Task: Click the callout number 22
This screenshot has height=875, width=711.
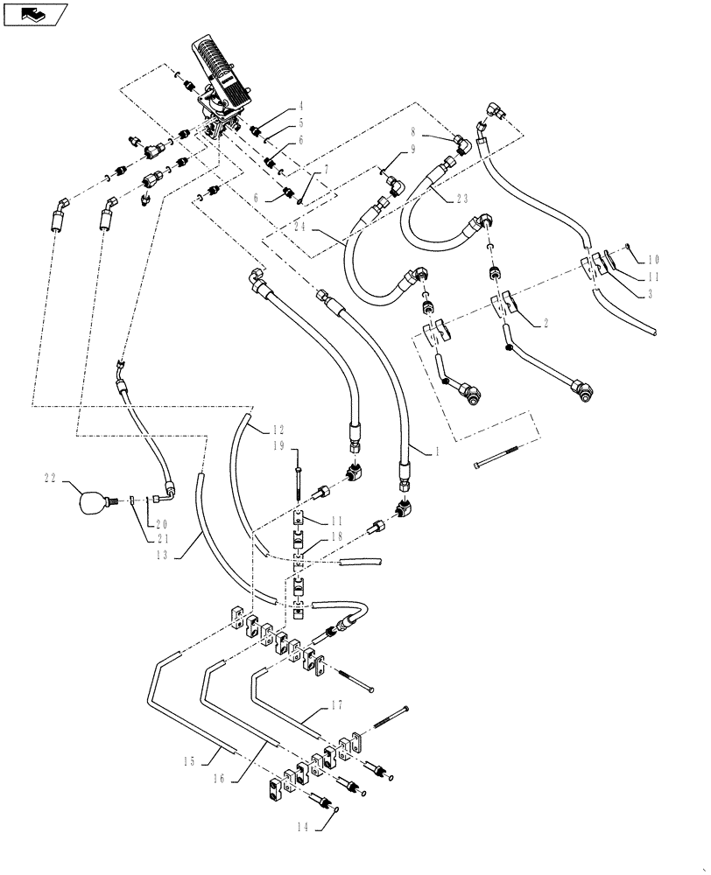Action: pyautogui.click(x=50, y=477)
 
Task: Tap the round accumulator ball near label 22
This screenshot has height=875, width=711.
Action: pyautogui.click(x=89, y=500)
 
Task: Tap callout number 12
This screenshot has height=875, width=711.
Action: pyautogui.click(x=278, y=430)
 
